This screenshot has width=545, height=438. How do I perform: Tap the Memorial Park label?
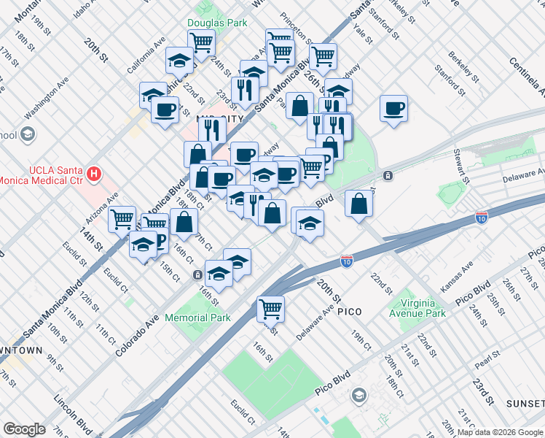point(197,318)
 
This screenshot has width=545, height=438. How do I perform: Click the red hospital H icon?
point(93,174)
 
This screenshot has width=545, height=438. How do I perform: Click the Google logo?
point(24,429)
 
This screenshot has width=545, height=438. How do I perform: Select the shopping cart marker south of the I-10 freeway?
point(270,309)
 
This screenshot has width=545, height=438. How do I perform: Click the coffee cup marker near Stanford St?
point(393,109)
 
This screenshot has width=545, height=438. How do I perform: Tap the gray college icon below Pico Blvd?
point(358,396)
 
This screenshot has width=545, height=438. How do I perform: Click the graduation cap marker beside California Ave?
point(179,61)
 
